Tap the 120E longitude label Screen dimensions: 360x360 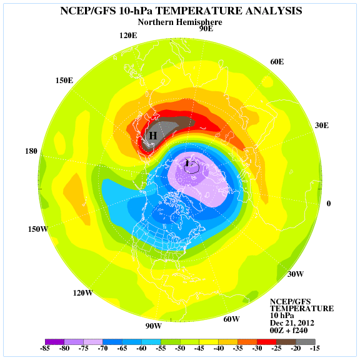coord(129,35)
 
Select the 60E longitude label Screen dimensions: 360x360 coord(277,61)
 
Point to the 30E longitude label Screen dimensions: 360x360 coord(321,125)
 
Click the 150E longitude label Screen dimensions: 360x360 coord(64,80)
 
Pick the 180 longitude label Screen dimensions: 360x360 coord(31,151)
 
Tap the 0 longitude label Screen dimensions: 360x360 coord(329,203)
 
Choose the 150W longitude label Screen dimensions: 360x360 coord(37,229)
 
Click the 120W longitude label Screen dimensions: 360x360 coord(84,293)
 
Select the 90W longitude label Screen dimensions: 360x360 coord(154,326)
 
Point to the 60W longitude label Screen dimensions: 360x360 coord(231,319)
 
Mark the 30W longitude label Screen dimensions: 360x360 coord(296,274)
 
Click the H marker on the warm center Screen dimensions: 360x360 coord(152,135)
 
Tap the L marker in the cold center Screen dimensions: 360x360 coord(187,163)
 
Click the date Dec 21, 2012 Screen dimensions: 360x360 coord(292,323)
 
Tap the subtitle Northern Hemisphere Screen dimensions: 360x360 coord(179,22)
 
